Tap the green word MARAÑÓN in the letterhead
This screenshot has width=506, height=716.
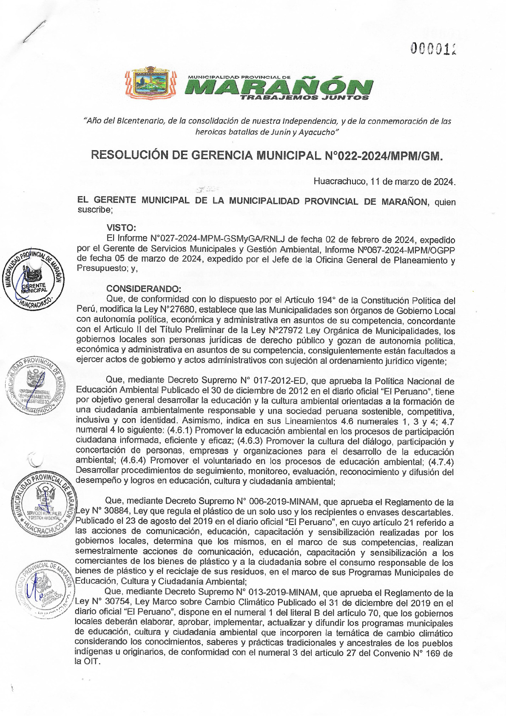[278, 87]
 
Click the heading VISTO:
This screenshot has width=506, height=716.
[121, 228]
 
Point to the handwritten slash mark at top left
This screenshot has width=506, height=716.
[34, 31]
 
